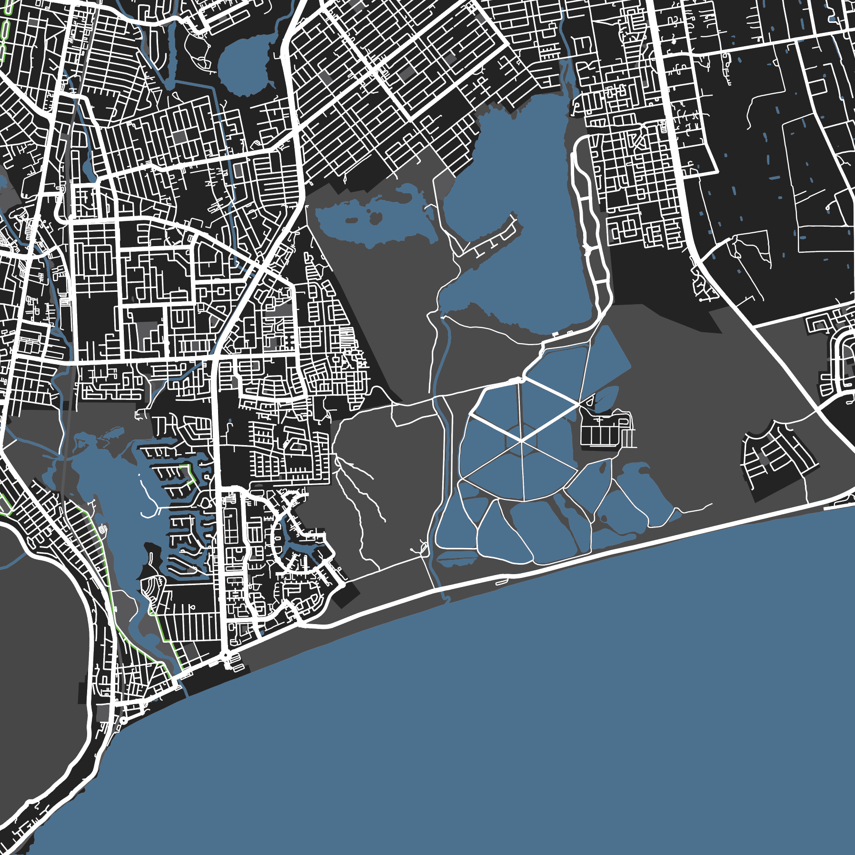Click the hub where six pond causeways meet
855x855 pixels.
coord(522,441)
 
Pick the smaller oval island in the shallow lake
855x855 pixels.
coord(352,220)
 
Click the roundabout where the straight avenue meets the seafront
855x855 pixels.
coord(225,656)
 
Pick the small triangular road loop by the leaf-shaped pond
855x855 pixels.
coord(590,401)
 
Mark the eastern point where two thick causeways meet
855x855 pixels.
coord(578,405)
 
